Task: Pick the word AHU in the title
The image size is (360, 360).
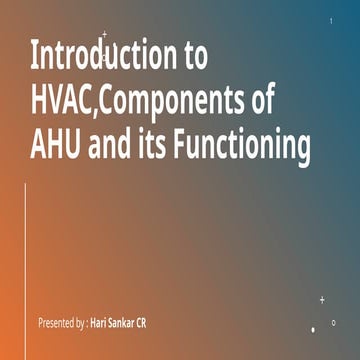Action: pos(57,147)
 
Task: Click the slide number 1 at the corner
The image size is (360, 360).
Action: pos(331,21)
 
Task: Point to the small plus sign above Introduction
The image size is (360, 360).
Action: pos(104,35)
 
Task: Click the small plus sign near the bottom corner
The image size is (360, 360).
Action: pos(322,299)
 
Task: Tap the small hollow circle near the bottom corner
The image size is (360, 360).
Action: pos(333,322)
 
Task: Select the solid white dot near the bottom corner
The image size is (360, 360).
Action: pos(313,329)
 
